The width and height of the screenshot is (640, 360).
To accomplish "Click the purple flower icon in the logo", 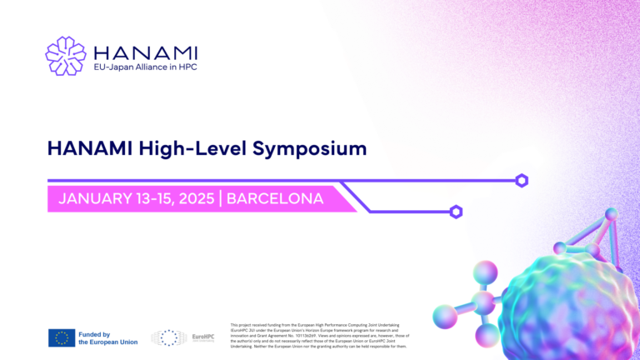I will tap(65, 56).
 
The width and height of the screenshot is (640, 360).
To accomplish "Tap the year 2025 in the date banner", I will tap(194, 199).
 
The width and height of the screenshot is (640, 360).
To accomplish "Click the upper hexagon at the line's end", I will tap(522, 180).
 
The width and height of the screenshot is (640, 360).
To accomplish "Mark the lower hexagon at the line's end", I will tap(456, 212).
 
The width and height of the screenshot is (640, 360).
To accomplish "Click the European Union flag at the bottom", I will tap(62, 337).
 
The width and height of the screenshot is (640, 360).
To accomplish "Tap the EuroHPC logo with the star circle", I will tap(182, 337).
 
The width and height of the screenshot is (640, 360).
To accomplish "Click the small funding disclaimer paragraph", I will tap(317, 335).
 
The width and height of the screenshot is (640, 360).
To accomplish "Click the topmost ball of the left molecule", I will tap(485, 272).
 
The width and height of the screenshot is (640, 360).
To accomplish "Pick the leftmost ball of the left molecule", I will tap(445, 316).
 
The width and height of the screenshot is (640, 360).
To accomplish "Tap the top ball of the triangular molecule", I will tap(611, 214).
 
